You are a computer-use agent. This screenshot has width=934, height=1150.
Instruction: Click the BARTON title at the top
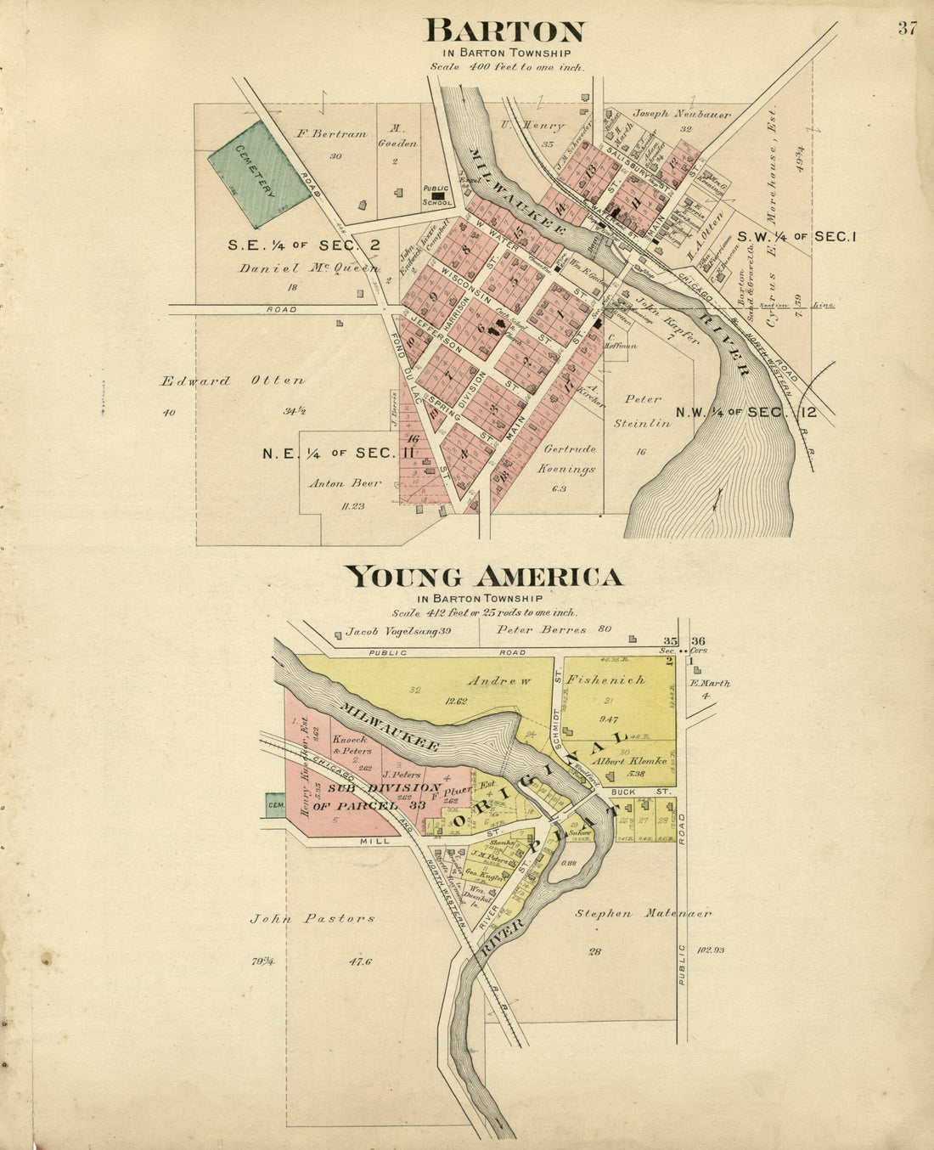504,31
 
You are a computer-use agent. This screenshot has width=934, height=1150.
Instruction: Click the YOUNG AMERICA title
483,578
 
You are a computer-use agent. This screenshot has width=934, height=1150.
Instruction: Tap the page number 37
907,28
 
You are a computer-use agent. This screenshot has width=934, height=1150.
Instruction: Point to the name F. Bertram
331,133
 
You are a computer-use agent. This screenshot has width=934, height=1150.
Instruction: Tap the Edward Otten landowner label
233,381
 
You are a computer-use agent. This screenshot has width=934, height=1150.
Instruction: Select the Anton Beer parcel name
345,483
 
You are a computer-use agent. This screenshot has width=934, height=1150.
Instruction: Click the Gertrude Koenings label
568,459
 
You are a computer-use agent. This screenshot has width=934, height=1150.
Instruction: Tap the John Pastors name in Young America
312,918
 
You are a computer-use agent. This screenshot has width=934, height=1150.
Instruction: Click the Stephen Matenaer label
643,914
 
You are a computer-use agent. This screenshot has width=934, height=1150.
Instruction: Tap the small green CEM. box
275,805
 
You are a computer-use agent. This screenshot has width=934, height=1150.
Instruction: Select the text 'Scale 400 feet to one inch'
507,66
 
